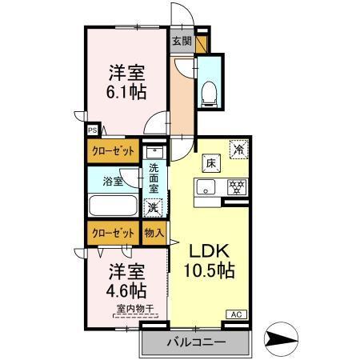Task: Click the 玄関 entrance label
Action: tap(182, 40)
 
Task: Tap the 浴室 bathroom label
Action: tap(113, 182)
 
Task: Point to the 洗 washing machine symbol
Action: tap(153, 207)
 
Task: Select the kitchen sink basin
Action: tap(205, 190)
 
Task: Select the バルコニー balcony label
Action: tap(196, 342)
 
